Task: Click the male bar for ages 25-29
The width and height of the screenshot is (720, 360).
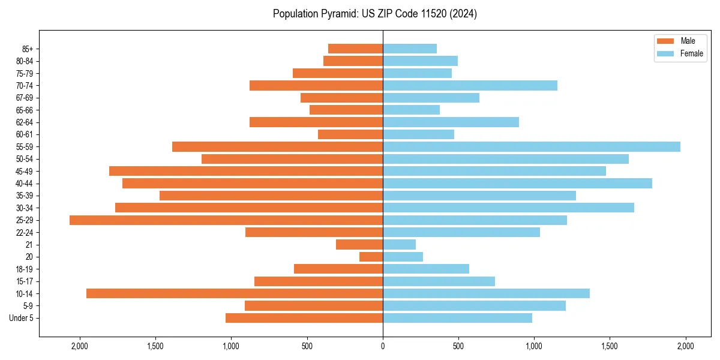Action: pos(226,220)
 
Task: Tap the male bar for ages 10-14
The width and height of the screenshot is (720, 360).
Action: pos(235,293)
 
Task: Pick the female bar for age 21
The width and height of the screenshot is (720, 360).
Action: pos(400,245)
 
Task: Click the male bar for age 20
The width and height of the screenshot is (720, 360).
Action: pos(371,257)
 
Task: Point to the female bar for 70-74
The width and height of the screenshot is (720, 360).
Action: pos(470,86)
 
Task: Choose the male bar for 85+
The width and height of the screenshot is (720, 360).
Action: pos(356,49)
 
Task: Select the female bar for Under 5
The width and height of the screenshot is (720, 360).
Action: pos(458,318)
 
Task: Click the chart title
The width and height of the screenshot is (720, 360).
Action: pos(375,14)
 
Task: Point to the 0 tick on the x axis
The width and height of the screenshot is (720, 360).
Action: pos(383,346)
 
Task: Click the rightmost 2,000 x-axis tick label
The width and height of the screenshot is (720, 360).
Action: pos(685,346)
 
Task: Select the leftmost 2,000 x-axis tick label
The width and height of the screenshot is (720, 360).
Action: pos(80,346)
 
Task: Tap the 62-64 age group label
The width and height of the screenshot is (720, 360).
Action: pos(25,122)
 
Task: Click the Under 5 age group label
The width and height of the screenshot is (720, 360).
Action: pos(21,318)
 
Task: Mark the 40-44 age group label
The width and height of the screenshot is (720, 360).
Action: pos(25,184)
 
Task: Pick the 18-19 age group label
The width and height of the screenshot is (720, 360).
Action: pos(25,269)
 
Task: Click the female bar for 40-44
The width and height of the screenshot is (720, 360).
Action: pos(518,184)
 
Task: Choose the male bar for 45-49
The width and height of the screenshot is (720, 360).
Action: pos(246,172)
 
